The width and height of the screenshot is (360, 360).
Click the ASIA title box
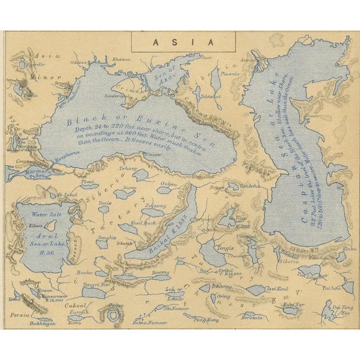[x=174, y=42]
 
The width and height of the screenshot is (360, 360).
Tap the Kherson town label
[x=121, y=59]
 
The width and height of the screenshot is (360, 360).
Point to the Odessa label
[x=79, y=62]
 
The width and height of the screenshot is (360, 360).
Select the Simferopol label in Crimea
[x=124, y=96]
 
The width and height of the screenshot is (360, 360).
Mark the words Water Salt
[x=47, y=214]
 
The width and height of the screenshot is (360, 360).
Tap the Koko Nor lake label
[x=290, y=304]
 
